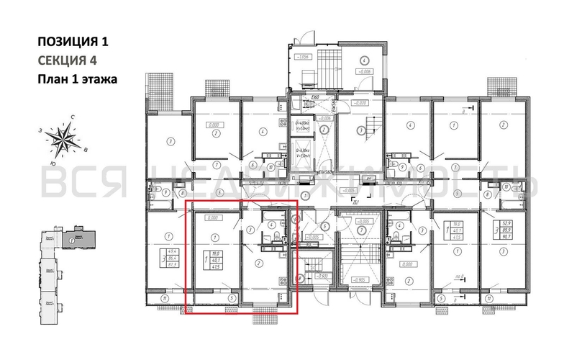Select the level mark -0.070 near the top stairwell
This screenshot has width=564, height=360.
tap(360, 103)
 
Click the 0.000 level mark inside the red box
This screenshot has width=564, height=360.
tap(213, 216)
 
